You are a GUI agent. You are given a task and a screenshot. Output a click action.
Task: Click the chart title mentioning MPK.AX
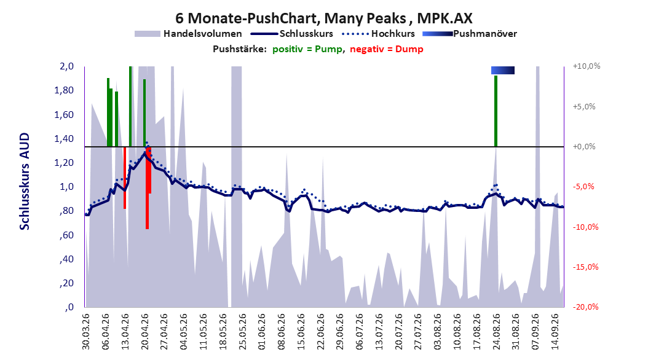click(x=323, y=18)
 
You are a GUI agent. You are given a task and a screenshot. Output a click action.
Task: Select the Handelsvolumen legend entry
click(x=188, y=34)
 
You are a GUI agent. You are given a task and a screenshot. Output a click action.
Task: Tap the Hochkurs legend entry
click(x=378, y=34)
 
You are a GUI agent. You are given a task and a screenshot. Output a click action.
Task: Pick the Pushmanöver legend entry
click(x=470, y=34)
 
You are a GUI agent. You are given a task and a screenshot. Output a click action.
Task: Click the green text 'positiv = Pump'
click(x=307, y=49)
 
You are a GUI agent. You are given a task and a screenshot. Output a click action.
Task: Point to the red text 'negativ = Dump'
click(x=387, y=49)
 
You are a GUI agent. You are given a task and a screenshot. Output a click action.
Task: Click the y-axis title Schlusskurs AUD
click(x=25, y=182)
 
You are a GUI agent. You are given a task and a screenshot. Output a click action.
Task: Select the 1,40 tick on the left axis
click(x=64, y=139)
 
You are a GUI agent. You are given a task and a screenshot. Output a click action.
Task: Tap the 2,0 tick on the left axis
click(x=66, y=66)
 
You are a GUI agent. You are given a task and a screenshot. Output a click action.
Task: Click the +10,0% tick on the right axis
click(x=587, y=66)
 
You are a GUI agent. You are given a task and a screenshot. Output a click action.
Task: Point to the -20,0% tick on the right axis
click(x=585, y=307)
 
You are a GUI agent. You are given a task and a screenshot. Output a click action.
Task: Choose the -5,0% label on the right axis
click(x=583, y=187)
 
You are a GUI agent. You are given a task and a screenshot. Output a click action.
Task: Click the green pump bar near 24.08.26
click(x=496, y=111)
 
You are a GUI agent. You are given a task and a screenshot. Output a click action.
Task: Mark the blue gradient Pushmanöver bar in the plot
click(x=503, y=71)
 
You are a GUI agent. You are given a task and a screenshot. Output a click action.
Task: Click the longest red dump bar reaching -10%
click(x=147, y=188)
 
